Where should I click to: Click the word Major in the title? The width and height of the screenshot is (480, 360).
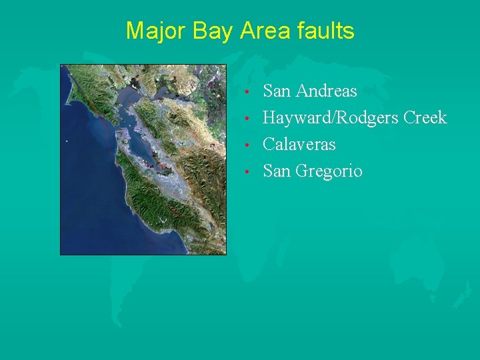(150, 31)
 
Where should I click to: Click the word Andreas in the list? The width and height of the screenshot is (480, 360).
(325, 91)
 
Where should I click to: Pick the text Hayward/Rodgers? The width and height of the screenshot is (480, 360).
(325, 118)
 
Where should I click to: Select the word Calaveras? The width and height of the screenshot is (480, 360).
(299, 145)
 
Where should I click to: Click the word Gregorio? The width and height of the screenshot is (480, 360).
(329, 171)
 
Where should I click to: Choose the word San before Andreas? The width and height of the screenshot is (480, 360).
(277, 91)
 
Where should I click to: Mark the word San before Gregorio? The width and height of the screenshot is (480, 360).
(277, 171)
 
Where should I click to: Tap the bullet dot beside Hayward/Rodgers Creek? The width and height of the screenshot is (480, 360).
(247, 119)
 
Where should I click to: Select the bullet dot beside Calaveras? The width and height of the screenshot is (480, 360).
(247, 145)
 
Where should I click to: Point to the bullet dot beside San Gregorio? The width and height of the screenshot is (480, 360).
(247, 172)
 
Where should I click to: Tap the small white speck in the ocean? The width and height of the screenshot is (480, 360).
(67, 141)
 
